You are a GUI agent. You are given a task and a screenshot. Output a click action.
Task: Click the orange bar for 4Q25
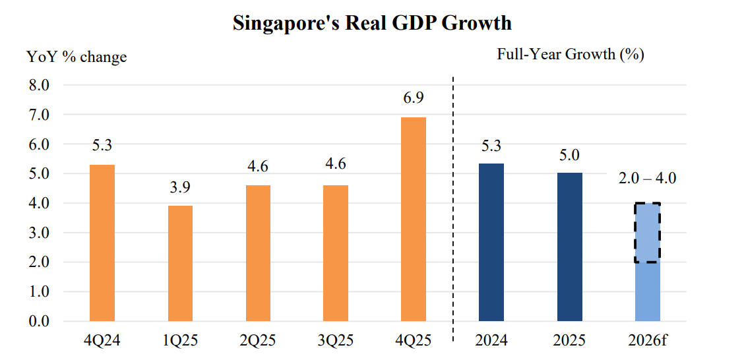pyautogui.click(x=414, y=219)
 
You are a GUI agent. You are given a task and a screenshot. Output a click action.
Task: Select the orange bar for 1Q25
pyautogui.click(x=180, y=263)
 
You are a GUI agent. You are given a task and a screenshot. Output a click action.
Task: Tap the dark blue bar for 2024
pyautogui.click(x=491, y=242)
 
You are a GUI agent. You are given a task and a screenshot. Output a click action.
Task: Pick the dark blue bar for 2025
pyautogui.click(x=569, y=247)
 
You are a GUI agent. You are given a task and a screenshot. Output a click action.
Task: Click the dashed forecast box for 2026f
pyautogui.click(x=648, y=233)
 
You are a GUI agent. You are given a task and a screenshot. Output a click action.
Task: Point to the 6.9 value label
pyautogui.click(x=413, y=98)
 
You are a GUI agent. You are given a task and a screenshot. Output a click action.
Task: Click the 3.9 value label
pyautogui.click(x=180, y=187)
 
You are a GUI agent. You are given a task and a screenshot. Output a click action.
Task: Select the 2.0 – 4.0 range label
pyautogui.click(x=647, y=177)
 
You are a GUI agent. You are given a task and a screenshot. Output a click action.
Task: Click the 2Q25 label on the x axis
pyautogui.click(x=258, y=341)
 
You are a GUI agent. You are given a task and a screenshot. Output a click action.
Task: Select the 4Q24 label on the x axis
pyautogui.click(x=102, y=341)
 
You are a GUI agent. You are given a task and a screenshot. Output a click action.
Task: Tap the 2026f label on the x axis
pyautogui.click(x=647, y=341)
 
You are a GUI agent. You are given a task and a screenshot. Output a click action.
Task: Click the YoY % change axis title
pyautogui.click(x=77, y=57)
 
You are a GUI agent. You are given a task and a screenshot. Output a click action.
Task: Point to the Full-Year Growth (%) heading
pyautogui.click(x=570, y=54)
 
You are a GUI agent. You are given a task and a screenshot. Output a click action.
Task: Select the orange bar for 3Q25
pyautogui.click(x=336, y=253)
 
